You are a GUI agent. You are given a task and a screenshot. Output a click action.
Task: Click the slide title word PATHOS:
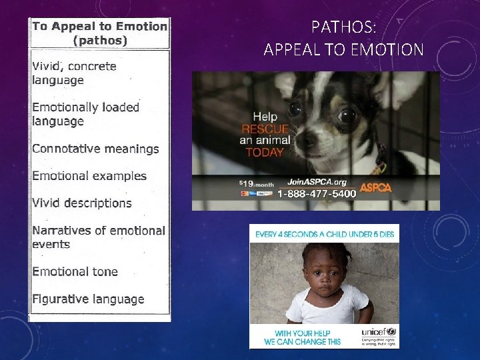pos(343,28)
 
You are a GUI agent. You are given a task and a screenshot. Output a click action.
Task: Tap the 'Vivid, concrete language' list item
pos(74,73)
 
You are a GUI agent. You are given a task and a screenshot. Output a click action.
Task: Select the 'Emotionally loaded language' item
pos(85,114)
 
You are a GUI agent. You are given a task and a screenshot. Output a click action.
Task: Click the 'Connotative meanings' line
pos(95,149)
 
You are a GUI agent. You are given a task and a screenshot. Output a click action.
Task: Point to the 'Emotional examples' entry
pos(89,176)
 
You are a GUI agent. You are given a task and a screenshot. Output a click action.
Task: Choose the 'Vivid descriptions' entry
pos(82,203)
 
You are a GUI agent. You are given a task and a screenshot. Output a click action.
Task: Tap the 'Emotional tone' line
pos(75,271)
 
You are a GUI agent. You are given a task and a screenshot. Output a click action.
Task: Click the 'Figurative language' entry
pos(88,299)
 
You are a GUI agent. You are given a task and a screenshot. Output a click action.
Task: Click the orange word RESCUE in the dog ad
pos(265,129)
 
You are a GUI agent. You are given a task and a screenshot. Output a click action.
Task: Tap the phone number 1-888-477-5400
pos(315,194)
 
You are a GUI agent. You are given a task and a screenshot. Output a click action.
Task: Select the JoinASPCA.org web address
pos(317,181)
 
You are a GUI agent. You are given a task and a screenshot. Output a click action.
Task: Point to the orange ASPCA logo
pos(375,187)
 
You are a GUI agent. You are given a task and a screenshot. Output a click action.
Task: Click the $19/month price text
pos(255,182)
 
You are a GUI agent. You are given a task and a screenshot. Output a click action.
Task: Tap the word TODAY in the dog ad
pos(265,151)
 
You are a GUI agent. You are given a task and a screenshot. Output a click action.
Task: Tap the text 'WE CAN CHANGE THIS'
pos(302,341)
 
